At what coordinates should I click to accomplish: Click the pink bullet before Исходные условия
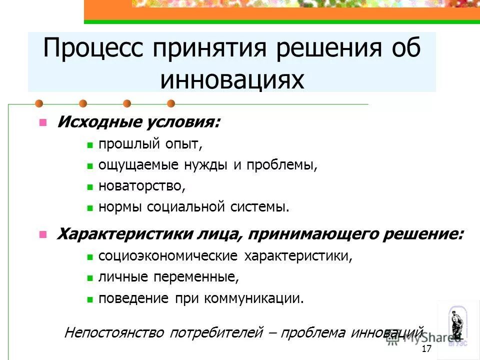click(x=43, y=122)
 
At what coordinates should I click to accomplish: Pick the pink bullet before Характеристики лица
click(x=43, y=234)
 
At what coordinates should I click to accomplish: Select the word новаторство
click(x=141, y=186)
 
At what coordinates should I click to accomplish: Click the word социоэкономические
click(x=168, y=256)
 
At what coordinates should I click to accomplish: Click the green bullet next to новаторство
click(x=90, y=187)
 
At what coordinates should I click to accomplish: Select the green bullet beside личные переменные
click(x=90, y=277)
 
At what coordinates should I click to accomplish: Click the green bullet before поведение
click(x=90, y=299)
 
